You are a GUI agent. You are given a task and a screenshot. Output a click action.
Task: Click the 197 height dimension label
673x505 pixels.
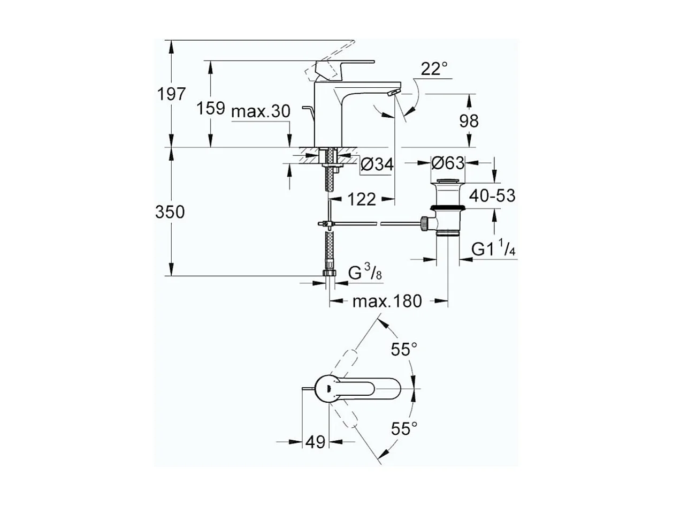coord(171,94)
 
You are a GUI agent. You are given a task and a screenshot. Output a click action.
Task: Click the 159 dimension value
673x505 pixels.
coord(210,109)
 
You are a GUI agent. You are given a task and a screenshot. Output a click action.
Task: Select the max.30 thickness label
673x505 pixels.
coord(261,111)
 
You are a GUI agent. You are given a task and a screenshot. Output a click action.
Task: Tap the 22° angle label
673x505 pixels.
coord(433,69)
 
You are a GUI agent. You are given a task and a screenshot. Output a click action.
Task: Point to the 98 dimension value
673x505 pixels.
coord(469,121)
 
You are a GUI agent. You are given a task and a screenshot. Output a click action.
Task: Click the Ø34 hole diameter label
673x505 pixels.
coord(376,164)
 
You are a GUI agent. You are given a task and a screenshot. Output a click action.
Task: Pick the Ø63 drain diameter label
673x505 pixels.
coord(448,162)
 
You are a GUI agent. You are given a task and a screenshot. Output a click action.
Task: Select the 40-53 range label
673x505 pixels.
coord(493,195)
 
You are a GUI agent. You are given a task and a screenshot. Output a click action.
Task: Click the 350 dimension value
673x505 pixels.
coord(170,212)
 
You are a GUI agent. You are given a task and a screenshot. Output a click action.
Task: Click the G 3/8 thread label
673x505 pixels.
coord(364,274)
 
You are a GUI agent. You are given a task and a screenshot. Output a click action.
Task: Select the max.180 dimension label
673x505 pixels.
coord(387,302)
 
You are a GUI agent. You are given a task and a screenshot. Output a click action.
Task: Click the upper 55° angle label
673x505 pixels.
coord(403,350)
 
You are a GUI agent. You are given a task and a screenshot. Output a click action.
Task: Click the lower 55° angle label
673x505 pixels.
coord(403,428)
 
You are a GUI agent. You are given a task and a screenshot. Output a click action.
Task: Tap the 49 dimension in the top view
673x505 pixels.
coord(315,442)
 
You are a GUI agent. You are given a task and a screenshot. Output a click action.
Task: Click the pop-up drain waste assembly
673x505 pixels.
coord(448,209)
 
